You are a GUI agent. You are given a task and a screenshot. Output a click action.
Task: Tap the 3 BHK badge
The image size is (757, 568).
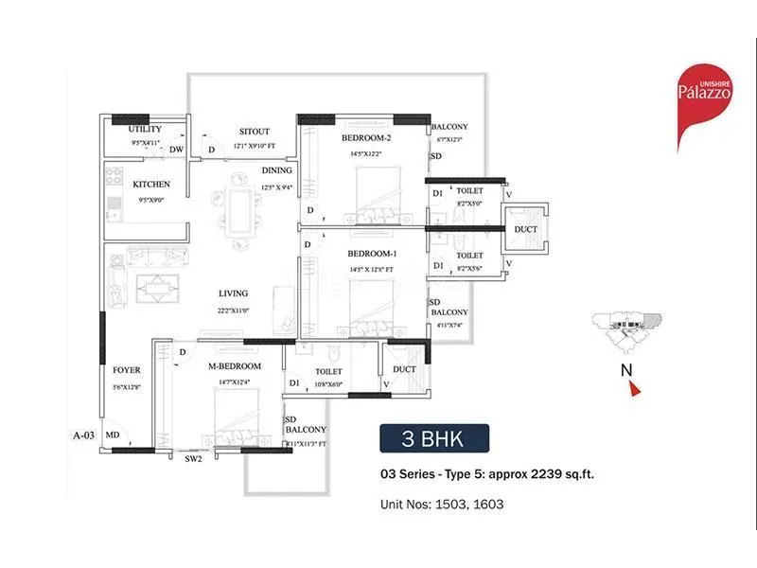[x=434, y=440]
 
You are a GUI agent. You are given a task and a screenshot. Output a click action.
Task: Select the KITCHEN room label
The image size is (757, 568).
[x=151, y=184]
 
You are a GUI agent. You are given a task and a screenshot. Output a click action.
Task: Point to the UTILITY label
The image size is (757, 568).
[x=146, y=129]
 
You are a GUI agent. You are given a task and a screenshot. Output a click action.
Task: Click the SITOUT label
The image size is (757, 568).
[x=255, y=133]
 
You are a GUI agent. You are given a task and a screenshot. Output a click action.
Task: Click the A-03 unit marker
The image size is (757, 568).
[x=85, y=435]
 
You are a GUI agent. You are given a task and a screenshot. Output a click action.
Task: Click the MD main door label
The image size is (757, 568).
[x=113, y=435]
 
